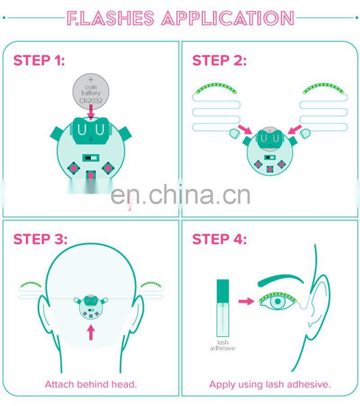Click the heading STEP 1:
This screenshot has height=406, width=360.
pyautogui.click(x=39, y=60)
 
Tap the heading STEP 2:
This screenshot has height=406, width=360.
pyautogui.click(x=219, y=60)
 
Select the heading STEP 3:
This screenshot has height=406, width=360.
pyautogui.click(x=40, y=239)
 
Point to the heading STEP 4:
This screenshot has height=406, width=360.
pyautogui.click(x=220, y=239)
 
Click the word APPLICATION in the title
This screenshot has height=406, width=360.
pyautogui.click(x=228, y=18)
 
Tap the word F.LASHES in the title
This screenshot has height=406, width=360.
pyautogui.click(x=110, y=18)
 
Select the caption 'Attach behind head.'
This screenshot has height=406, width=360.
pyautogui.click(x=90, y=384)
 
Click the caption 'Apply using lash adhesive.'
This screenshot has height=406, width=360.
pyautogui.click(x=270, y=384)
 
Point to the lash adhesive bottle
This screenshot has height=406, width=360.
pyautogui.click(x=223, y=306)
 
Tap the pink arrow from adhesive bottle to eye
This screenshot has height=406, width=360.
pyautogui.click(x=246, y=301)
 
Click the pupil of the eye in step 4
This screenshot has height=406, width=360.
pyautogui.click(x=279, y=301)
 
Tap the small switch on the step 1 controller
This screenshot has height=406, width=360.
pyautogui.click(x=91, y=158)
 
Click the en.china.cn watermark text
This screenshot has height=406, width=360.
pyautogui.click(x=180, y=195)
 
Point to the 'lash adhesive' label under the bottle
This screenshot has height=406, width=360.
pyautogui.click(x=222, y=345)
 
